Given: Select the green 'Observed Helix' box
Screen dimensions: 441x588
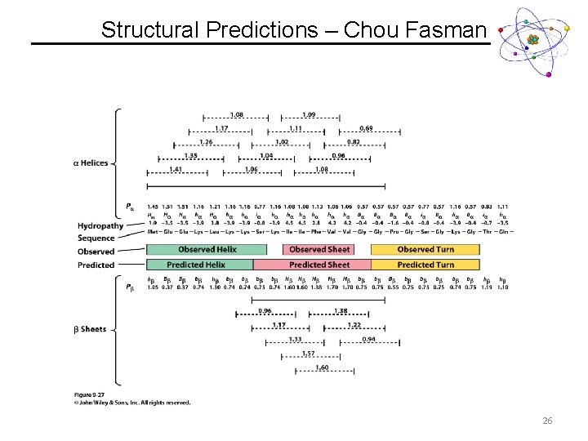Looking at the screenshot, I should click(x=207, y=249).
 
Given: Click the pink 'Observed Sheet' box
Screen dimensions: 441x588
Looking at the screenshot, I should click(x=319, y=249).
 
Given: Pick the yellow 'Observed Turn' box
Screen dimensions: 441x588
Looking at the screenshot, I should click(x=425, y=249).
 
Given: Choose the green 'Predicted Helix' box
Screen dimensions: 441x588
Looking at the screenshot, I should click(x=196, y=265).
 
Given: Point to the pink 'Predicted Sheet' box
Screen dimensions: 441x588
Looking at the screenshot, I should click(x=319, y=265).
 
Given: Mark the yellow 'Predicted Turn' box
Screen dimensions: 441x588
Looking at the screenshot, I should click(x=425, y=265).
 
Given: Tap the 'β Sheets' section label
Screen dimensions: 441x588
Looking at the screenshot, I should click(x=91, y=329).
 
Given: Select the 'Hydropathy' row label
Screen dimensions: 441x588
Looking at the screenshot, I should click(x=100, y=225).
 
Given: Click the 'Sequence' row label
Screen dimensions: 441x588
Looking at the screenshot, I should click(x=96, y=238).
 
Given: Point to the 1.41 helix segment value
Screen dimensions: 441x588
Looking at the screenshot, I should click(x=175, y=169).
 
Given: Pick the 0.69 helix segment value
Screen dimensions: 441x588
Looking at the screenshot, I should click(x=367, y=128).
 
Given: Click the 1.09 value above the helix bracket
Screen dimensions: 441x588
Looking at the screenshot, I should click(x=310, y=114).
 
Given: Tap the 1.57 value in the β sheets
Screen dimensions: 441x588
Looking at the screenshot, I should click(x=309, y=353).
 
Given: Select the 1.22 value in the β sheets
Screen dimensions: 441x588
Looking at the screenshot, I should click(x=354, y=325).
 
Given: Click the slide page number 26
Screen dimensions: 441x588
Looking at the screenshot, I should click(x=547, y=421).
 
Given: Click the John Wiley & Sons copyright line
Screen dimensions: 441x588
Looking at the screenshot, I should click(x=132, y=403).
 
